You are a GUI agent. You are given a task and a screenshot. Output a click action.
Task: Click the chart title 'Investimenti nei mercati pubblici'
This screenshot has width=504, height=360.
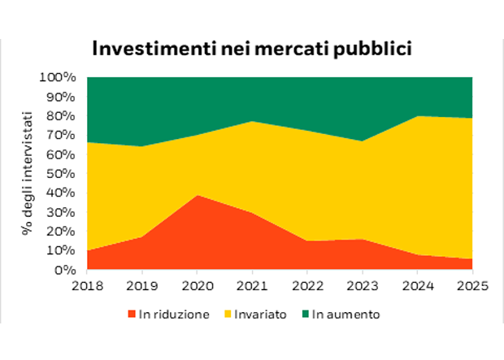(252, 48)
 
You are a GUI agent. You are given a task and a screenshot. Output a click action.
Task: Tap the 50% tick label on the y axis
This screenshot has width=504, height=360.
(61, 174)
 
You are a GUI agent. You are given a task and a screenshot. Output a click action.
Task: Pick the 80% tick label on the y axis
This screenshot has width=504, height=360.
(61, 116)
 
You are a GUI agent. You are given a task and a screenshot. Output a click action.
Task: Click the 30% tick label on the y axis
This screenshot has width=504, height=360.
(61, 212)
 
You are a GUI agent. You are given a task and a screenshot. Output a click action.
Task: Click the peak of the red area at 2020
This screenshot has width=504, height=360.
(196, 195)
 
